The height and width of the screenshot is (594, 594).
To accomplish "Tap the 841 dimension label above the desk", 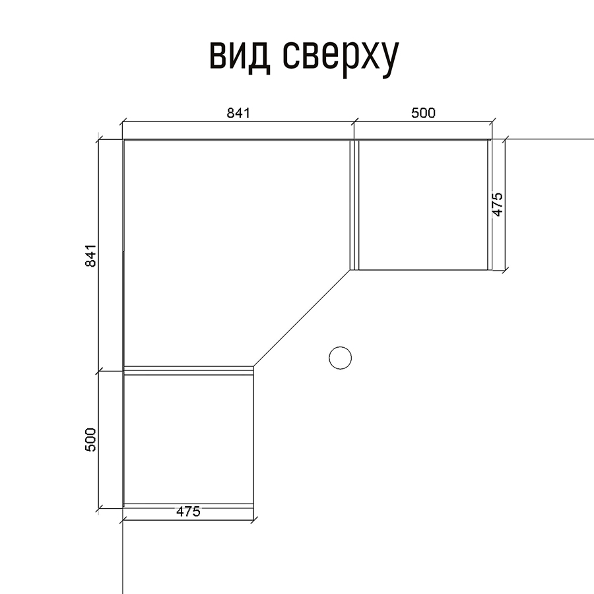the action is [239, 113].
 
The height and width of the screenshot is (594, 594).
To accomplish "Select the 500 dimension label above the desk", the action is [424, 113].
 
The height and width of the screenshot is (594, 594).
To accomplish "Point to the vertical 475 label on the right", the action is [498, 205].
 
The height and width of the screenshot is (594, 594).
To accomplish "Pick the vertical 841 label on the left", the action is [91, 255].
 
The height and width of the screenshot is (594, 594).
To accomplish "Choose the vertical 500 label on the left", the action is [91, 440].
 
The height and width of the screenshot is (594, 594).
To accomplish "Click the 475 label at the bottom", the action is [188, 511].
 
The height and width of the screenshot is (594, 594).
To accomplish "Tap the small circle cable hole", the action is [340, 358].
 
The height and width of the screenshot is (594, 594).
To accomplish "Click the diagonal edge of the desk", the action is [302, 318].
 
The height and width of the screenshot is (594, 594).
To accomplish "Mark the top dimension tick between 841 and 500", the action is [354, 122].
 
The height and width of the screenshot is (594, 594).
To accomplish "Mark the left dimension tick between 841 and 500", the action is [98, 371].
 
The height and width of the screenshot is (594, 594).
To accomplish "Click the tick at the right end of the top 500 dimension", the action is [492, 122].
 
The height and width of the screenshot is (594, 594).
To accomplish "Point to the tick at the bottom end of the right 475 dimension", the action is [505, 270].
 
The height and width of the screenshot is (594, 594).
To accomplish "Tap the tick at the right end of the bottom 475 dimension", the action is [253, 520].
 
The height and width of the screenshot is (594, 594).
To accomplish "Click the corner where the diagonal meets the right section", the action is [351, 270].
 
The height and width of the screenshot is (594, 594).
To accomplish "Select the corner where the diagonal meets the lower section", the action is [253, 366].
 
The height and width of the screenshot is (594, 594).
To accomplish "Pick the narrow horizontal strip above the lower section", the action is [189, 370].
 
